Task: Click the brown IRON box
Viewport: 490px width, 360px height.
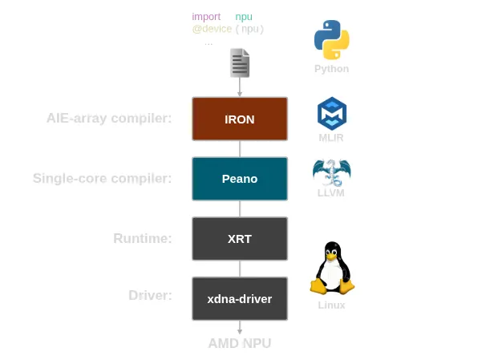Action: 240,119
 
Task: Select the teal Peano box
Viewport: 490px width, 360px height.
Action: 240,178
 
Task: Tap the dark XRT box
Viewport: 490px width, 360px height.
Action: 240,238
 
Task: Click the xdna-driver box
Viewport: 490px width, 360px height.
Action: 240,298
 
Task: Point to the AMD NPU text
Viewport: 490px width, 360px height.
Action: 240,343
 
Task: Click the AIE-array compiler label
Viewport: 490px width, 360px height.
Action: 109,119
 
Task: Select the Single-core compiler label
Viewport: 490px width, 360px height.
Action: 103,178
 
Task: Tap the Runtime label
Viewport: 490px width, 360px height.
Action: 143,238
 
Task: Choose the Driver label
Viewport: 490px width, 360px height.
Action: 151,295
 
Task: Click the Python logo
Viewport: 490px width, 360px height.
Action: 331,40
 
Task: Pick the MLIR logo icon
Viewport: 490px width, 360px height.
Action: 331,113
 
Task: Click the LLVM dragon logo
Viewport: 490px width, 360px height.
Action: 331,172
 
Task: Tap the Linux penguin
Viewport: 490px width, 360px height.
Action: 331,268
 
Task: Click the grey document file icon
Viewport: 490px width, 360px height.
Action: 240,63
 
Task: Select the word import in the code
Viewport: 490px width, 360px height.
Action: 206,17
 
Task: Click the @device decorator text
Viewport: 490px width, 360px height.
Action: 212,29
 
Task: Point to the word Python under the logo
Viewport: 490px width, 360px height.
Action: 331,69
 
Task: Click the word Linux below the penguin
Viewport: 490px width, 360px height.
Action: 331,305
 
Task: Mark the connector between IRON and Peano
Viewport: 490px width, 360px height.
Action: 240,148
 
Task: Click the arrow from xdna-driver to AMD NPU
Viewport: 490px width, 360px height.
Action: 240,328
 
